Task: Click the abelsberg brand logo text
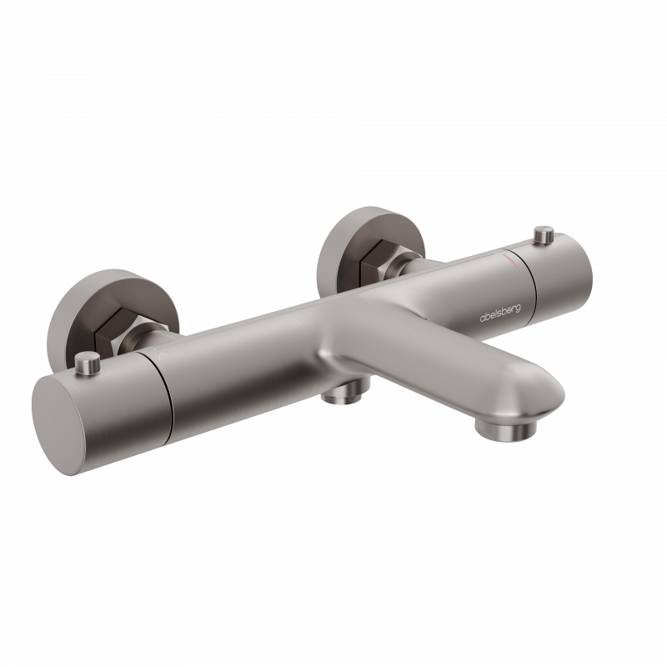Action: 499,313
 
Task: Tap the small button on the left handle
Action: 88,363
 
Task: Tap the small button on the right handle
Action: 544,234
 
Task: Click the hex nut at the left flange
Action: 112,328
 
